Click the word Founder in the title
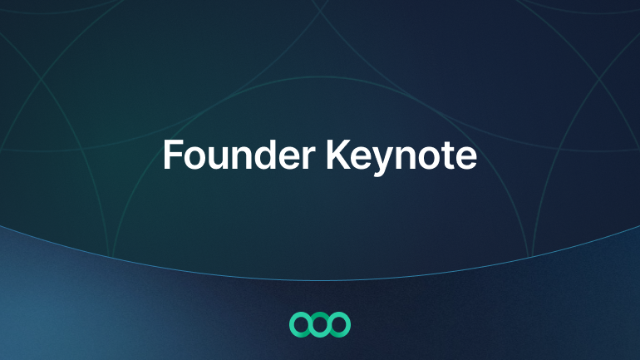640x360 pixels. [239, 155]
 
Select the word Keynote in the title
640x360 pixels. [401, 157]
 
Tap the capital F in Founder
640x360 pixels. [173, 155]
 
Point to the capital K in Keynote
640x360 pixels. [338, 155]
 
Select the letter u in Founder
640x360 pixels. [219, 158]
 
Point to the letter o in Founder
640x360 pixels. [194, 158]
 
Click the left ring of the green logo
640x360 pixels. [290, 324]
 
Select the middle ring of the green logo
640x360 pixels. [320, 313]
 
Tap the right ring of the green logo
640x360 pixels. [350, 324]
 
